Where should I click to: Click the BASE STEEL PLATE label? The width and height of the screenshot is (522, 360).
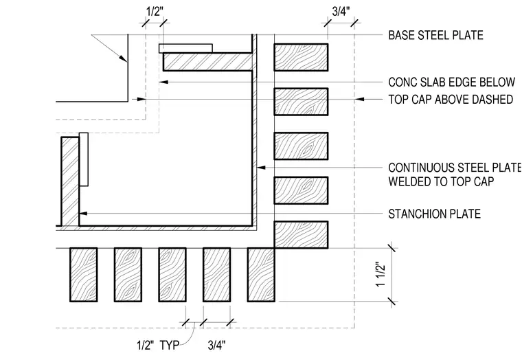(435, 35)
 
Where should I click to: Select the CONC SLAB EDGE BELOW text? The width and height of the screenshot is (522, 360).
(452, 82)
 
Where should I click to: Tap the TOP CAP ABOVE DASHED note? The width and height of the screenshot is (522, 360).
(451, 100)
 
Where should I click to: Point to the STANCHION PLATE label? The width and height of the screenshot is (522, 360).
(435, 214)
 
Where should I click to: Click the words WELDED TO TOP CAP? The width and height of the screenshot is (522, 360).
(441, 181)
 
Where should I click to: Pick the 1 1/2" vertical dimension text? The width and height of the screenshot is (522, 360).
(381, 275)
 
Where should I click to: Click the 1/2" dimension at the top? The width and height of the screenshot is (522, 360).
(155, 12)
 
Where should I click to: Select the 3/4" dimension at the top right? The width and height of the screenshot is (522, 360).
(341, 12)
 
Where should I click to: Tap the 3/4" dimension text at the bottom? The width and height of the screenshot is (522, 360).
(217, 346)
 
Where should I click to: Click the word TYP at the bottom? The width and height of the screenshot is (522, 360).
(170, 346)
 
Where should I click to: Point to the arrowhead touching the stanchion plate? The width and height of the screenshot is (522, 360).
(83, 213)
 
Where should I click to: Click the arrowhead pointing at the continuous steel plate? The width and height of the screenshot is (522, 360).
(261, 167)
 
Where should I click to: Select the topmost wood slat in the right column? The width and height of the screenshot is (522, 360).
(301, 57)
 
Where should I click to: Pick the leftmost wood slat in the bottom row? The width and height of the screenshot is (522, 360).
(84, 275)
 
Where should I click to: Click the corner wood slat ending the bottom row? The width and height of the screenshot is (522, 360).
(261, 275)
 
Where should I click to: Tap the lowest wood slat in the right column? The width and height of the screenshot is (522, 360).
(301, 235)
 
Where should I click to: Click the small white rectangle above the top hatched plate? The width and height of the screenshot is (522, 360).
(185, 48)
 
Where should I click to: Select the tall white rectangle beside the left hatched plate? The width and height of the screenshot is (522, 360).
(84, 159)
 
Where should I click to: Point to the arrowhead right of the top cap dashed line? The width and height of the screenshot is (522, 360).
(359, 99)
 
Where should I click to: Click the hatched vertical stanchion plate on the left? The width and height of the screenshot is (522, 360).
(70, 181)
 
